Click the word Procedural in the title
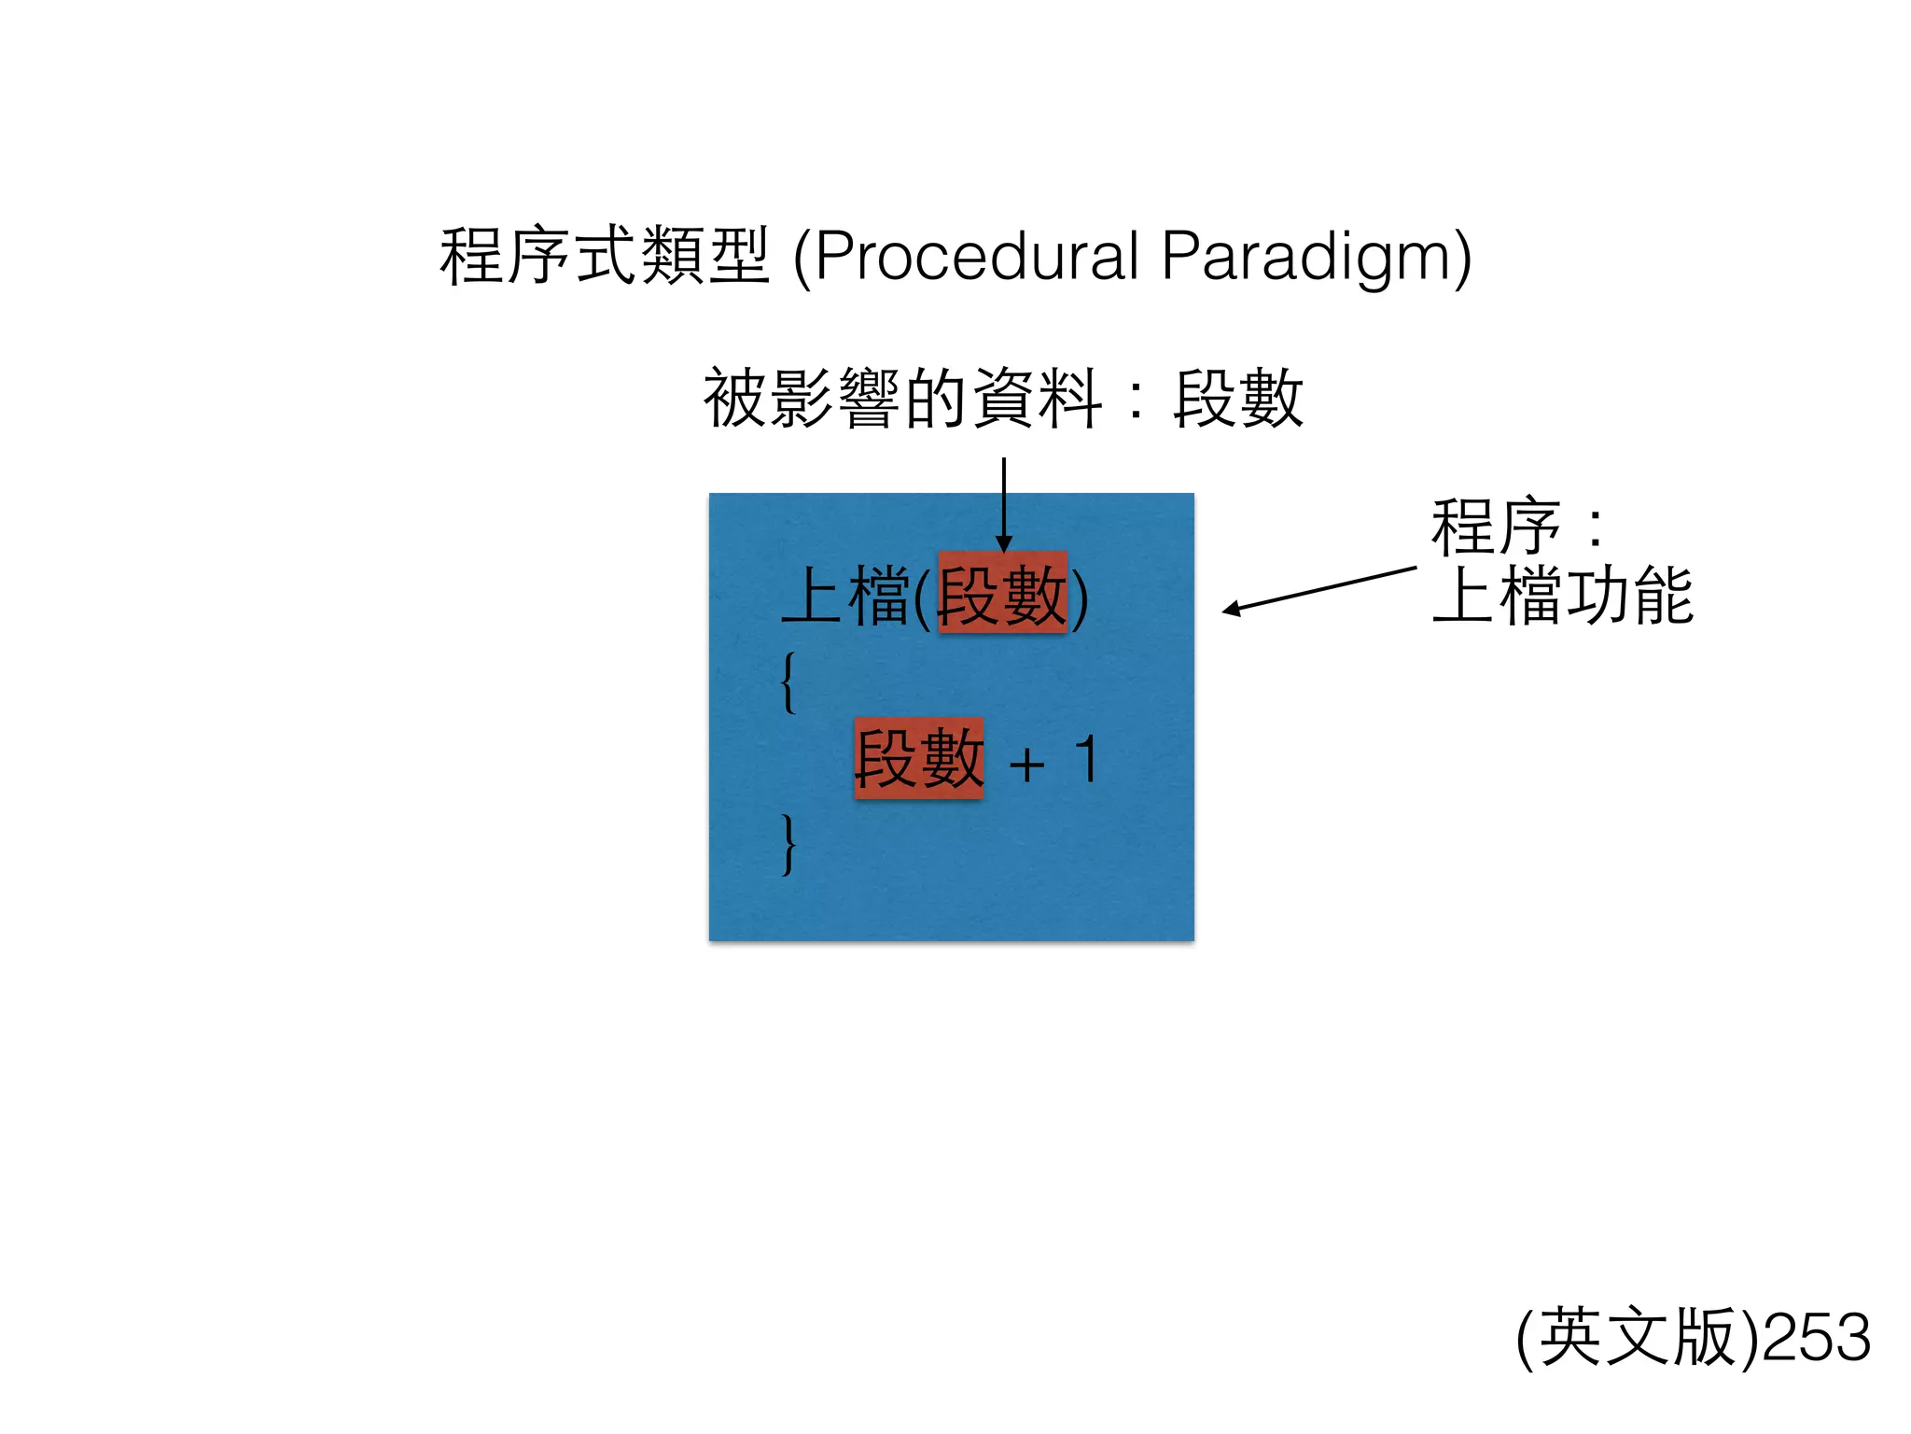click(976, 256)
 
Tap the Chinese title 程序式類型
click(605, 256)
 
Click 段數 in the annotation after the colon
click(1237, 398)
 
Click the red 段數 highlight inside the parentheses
click(1002, 594)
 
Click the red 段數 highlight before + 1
click(919, 758)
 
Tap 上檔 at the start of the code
click(845, 596)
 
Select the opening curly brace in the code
click(789, 682)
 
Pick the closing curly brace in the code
click(789, 844)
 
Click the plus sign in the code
click(1027, 766)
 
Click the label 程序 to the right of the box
click(1496, 527)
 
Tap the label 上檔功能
click(1563, 596)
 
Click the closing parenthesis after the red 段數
click(1080, 597)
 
